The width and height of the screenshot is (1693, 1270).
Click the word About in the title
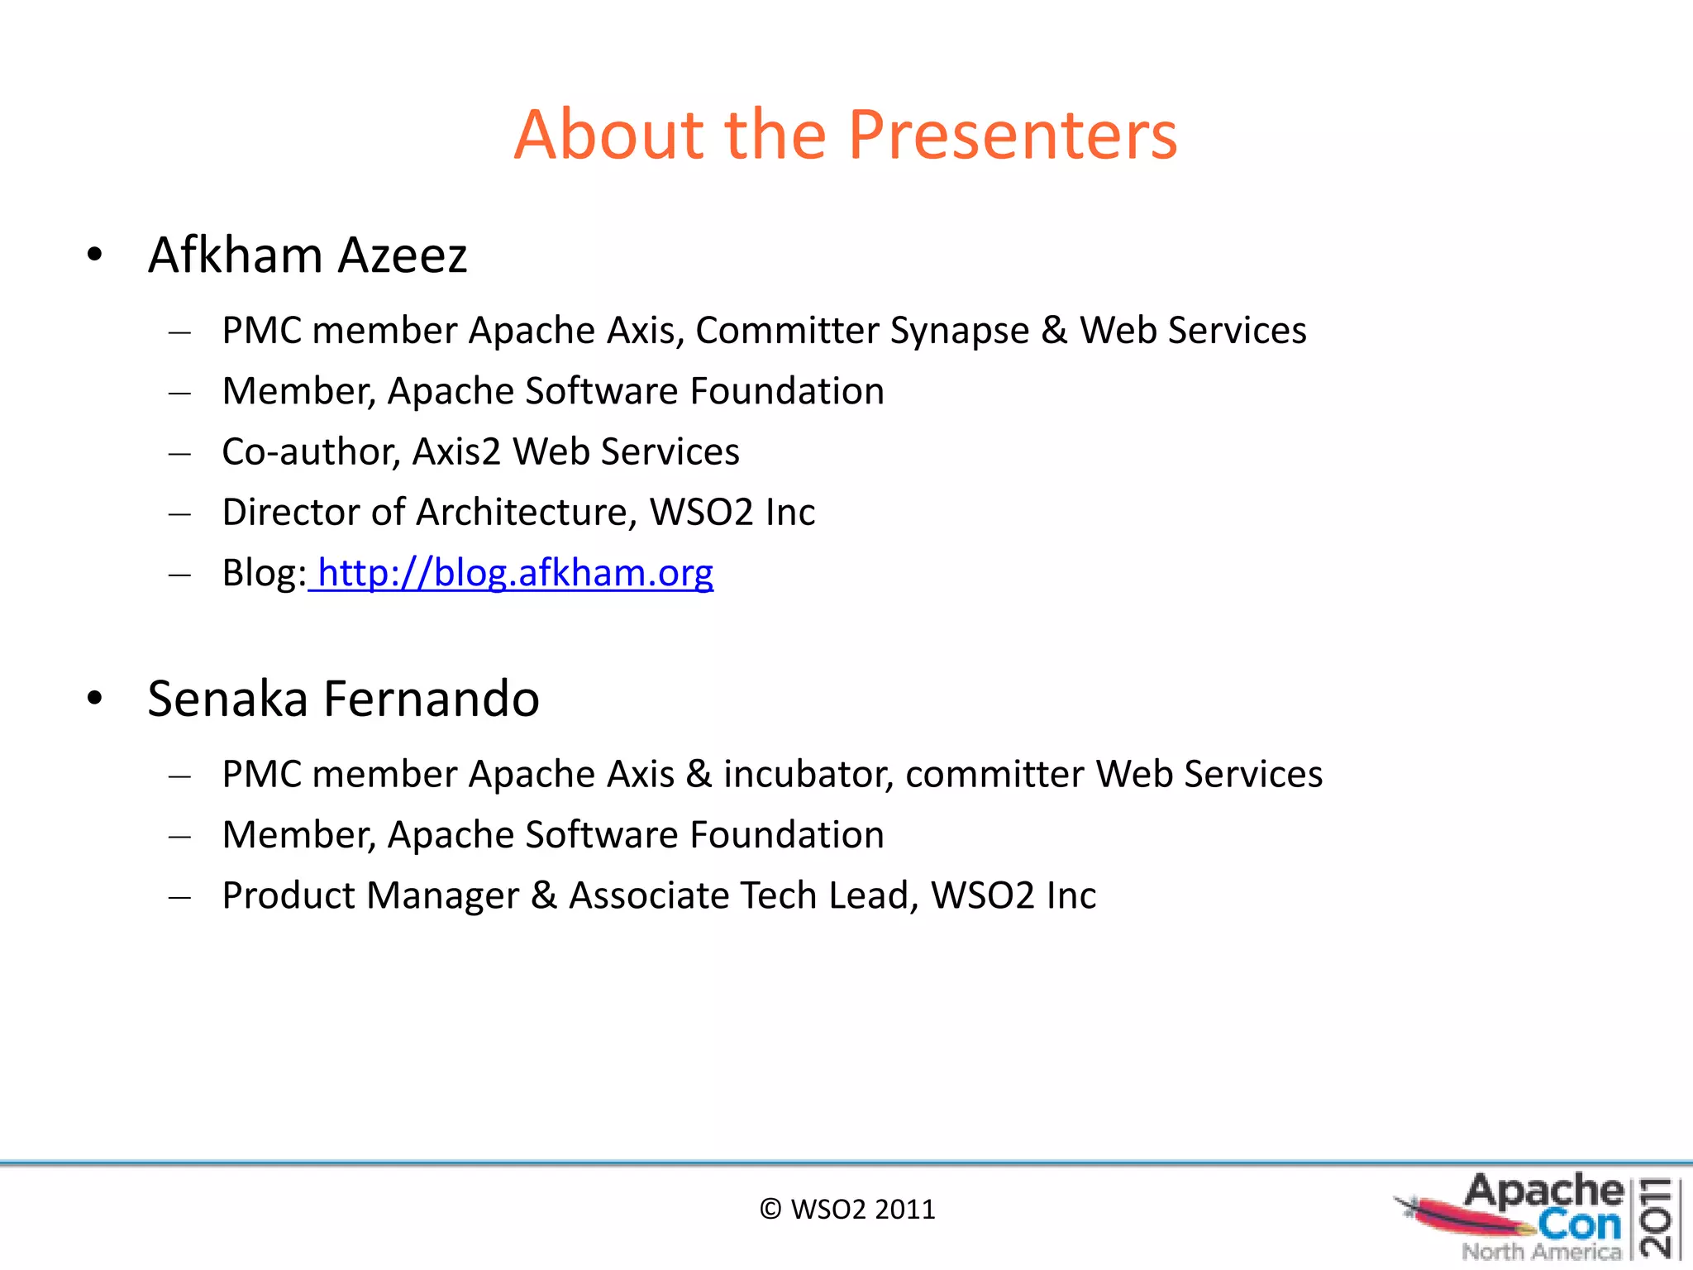point(608,135)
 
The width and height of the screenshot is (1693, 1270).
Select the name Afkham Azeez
point(308,255)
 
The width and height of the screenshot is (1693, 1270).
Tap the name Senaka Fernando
point(343,699)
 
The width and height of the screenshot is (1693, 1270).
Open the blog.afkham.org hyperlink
point(514,573)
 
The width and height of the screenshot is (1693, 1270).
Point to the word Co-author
point(311,452)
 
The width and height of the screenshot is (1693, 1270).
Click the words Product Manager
point(370,895)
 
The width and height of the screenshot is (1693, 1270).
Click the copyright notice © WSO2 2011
point(846,1210)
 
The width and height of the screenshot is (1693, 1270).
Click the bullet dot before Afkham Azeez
point(95,255)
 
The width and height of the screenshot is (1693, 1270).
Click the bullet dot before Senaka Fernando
point(95,699)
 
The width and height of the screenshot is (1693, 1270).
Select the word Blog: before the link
point(264,573)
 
